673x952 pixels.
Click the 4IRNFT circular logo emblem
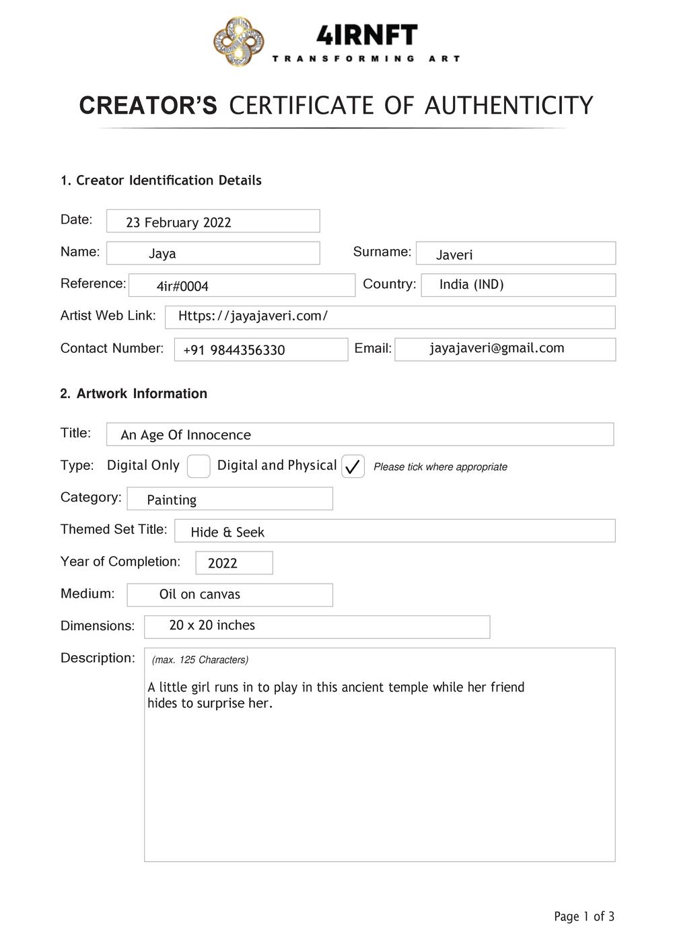238,42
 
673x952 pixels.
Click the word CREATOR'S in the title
148,106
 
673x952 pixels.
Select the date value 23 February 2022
178,222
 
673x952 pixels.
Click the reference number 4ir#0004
182,286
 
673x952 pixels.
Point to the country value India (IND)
471,284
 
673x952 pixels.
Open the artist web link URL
252,316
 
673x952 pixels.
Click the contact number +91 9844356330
234,350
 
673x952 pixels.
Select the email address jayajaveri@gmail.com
497,348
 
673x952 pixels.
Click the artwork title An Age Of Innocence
186,435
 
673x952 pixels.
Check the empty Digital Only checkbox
199,466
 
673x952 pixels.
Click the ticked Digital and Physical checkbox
353,466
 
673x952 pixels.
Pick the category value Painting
172,500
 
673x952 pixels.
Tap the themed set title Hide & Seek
227,532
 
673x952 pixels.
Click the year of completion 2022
223,564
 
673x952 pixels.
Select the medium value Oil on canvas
199,594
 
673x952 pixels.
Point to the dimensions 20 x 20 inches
212,625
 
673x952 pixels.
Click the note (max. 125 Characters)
200,660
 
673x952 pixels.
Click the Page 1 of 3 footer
583,916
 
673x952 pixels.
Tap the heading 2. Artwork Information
134,394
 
